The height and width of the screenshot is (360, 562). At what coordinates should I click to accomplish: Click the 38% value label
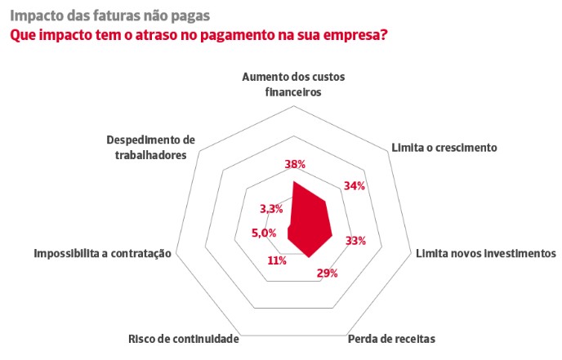(295, 165)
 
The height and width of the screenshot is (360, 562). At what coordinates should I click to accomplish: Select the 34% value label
(354, 186)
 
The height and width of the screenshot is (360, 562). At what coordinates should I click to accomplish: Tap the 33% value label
(355, 241)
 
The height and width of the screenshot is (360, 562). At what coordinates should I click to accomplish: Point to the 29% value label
(328, 273)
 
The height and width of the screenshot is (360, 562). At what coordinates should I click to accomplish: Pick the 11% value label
(276, 261)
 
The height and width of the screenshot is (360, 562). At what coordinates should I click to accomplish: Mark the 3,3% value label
(271, 209)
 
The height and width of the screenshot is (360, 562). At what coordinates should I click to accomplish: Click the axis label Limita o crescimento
(444, 148)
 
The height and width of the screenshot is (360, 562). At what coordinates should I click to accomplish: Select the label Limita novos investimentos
(485, 254)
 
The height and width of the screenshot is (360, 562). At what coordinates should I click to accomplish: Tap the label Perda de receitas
(391, 339)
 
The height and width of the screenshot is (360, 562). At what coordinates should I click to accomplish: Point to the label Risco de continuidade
(183, 339)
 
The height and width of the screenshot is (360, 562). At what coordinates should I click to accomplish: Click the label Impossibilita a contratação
(102, 254)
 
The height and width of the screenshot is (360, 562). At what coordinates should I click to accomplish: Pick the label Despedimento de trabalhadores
(151, 147)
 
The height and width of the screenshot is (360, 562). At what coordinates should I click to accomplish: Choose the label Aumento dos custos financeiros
(294, 84)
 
